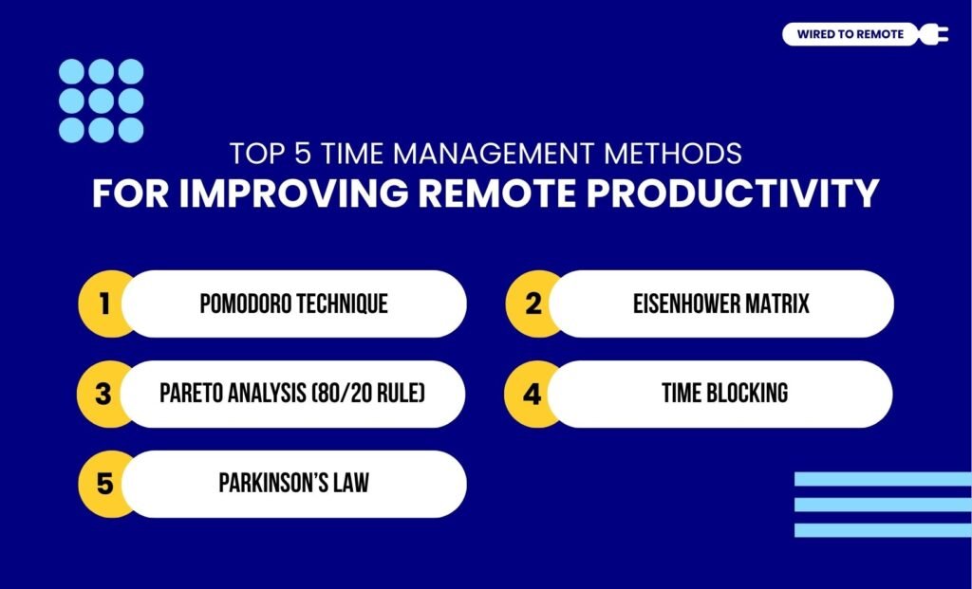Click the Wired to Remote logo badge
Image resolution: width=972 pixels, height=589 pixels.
(x=850, y=35)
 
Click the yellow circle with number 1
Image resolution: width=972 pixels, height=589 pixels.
(x=103, y=304)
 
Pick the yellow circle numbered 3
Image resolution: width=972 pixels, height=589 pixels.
(x=103, y=393)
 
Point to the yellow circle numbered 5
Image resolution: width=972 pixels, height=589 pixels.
(x=103, y=483)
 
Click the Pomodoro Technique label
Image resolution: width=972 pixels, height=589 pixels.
(x=293, y=304)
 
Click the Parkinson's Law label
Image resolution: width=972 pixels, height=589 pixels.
(x=293, y=483)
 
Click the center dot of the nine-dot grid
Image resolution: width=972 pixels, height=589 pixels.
(x=102, y=101)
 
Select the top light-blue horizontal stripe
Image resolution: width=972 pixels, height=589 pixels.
(x=883, y=479)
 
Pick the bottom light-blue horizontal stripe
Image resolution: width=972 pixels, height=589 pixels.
(x=883, y=530)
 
